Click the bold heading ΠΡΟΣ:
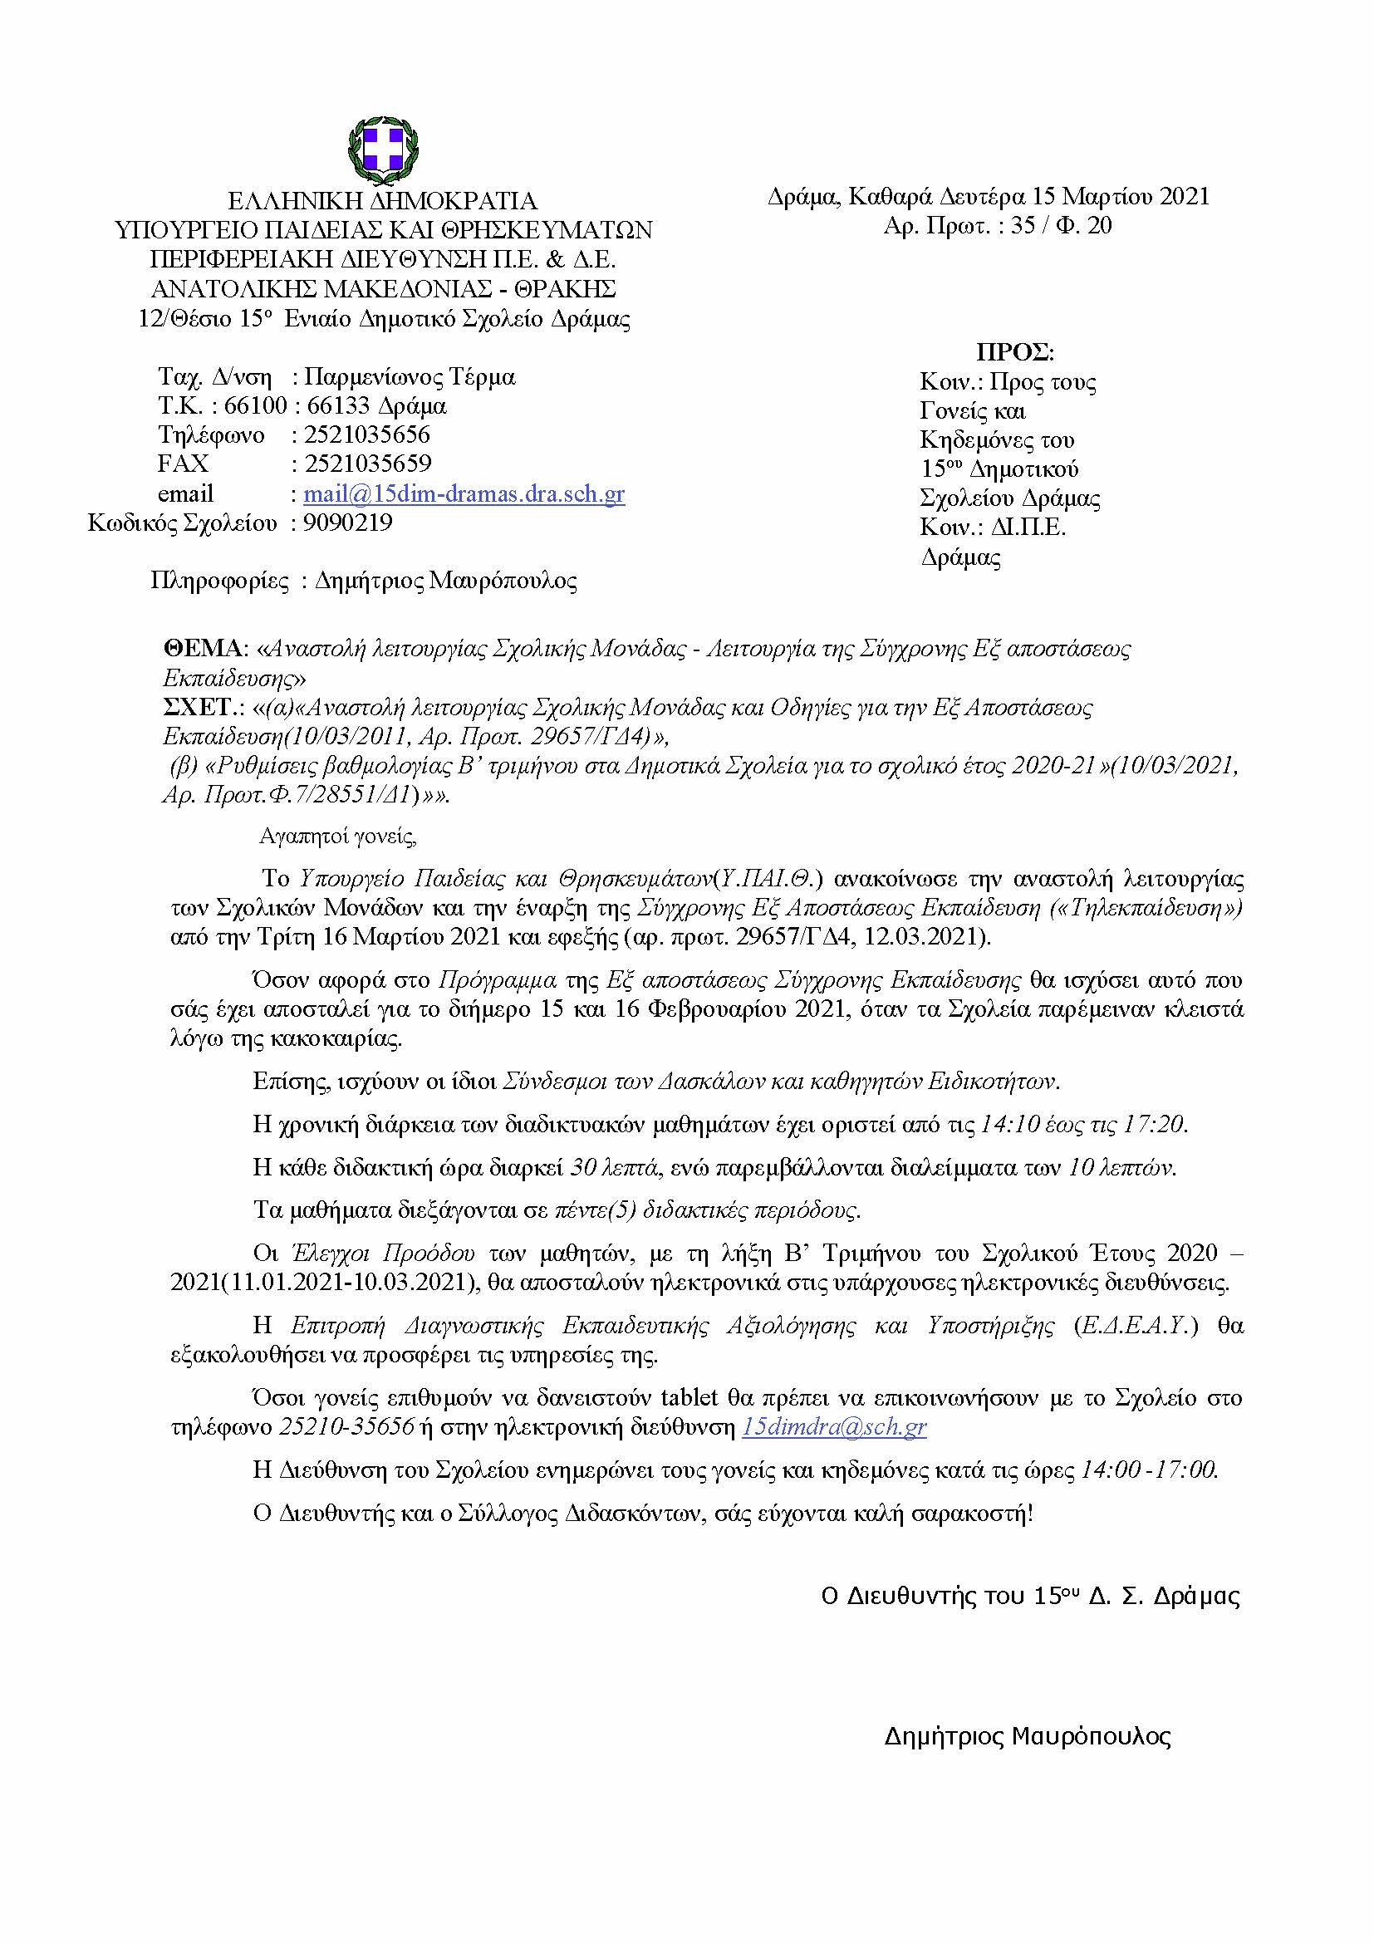[1014, 353]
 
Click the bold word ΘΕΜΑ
[203, 649]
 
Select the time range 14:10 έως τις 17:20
[1083, 1125]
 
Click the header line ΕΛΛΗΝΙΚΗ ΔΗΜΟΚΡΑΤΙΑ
[383, 201]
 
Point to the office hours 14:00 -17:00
[1149, 1470]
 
